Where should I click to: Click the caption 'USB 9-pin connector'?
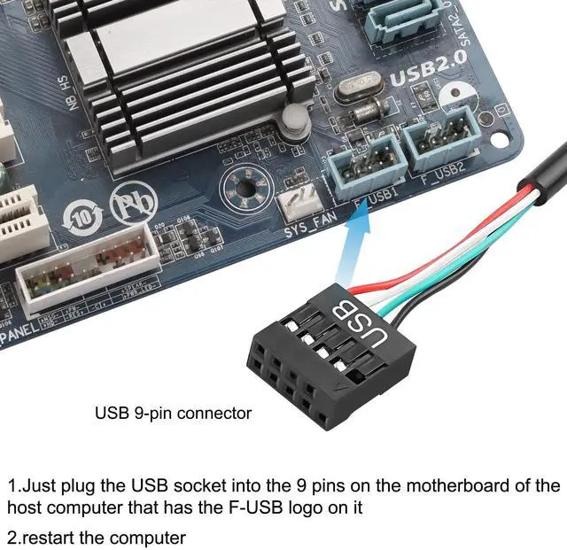(x=173, y=413)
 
